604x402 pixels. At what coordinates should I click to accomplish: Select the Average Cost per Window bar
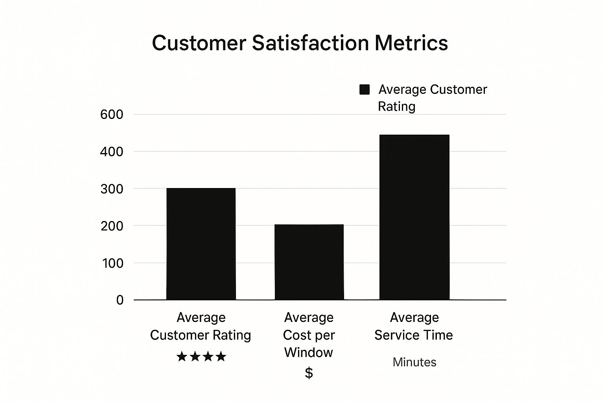coord(309,262)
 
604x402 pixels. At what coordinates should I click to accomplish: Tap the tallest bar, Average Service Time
coord(414,217)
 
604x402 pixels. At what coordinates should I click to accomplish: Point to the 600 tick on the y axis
coord(112,115)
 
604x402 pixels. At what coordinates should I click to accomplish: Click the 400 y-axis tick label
coord(112,152)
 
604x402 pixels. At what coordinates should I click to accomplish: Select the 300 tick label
coord(112,189)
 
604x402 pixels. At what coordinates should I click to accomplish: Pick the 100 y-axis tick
coord(112,263)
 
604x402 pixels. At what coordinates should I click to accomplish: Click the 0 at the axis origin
coord(120,300)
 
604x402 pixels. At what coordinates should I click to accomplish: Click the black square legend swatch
coord(365,90)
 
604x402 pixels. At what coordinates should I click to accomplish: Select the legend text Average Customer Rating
coord(432,98)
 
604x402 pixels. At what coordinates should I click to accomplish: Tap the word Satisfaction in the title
coord(310,43)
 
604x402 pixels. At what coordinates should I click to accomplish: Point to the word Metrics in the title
coord(411,43)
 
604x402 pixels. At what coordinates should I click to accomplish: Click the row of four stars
coord(201,356)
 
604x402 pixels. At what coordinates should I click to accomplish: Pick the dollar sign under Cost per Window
coord(309,373)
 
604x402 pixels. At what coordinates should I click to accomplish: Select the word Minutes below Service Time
coord(414,362)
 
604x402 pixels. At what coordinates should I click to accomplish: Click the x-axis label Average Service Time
coord(414,326)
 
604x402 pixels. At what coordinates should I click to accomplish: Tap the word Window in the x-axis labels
coord(309,353)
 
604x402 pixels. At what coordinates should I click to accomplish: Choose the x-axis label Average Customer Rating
coord(201,326)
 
